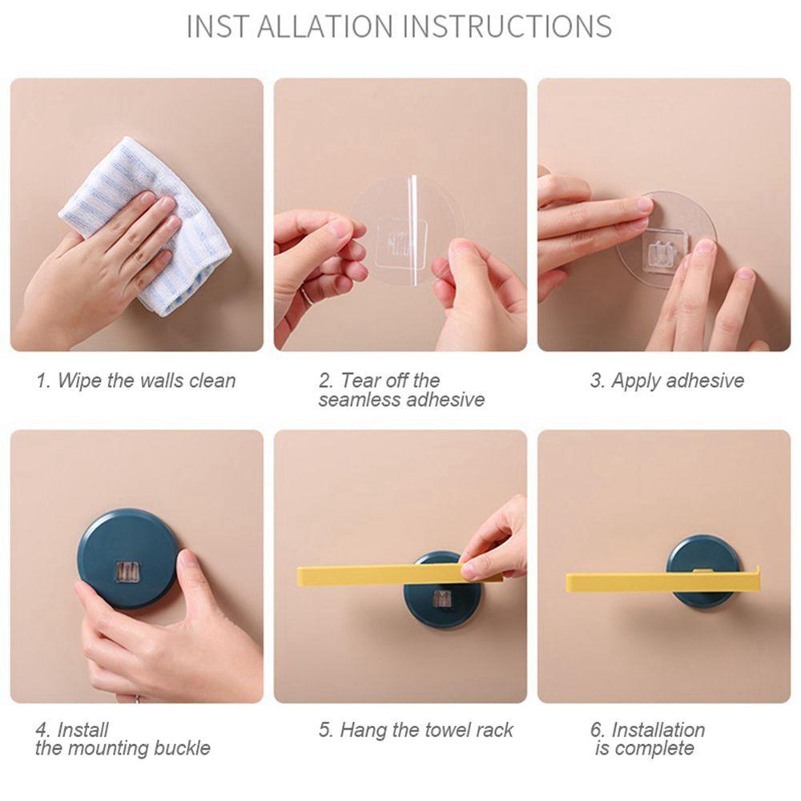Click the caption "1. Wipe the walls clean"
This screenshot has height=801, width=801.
pyautogui.click(x=136, y=380)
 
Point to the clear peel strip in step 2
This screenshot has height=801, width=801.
pyautogui.click(x=413, y=229)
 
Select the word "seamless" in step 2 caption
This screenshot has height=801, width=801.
pyautogui.click(x=357, y=400)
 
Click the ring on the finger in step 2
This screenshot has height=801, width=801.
pyautogui.click(x=304, y=296)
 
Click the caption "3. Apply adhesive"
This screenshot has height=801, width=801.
pyautogui.click(x=666, y=380)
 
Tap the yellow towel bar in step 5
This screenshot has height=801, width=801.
pyautogui.click(x=398, y=574)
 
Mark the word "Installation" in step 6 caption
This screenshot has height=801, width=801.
pyautogui.click(x=659, y=730)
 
